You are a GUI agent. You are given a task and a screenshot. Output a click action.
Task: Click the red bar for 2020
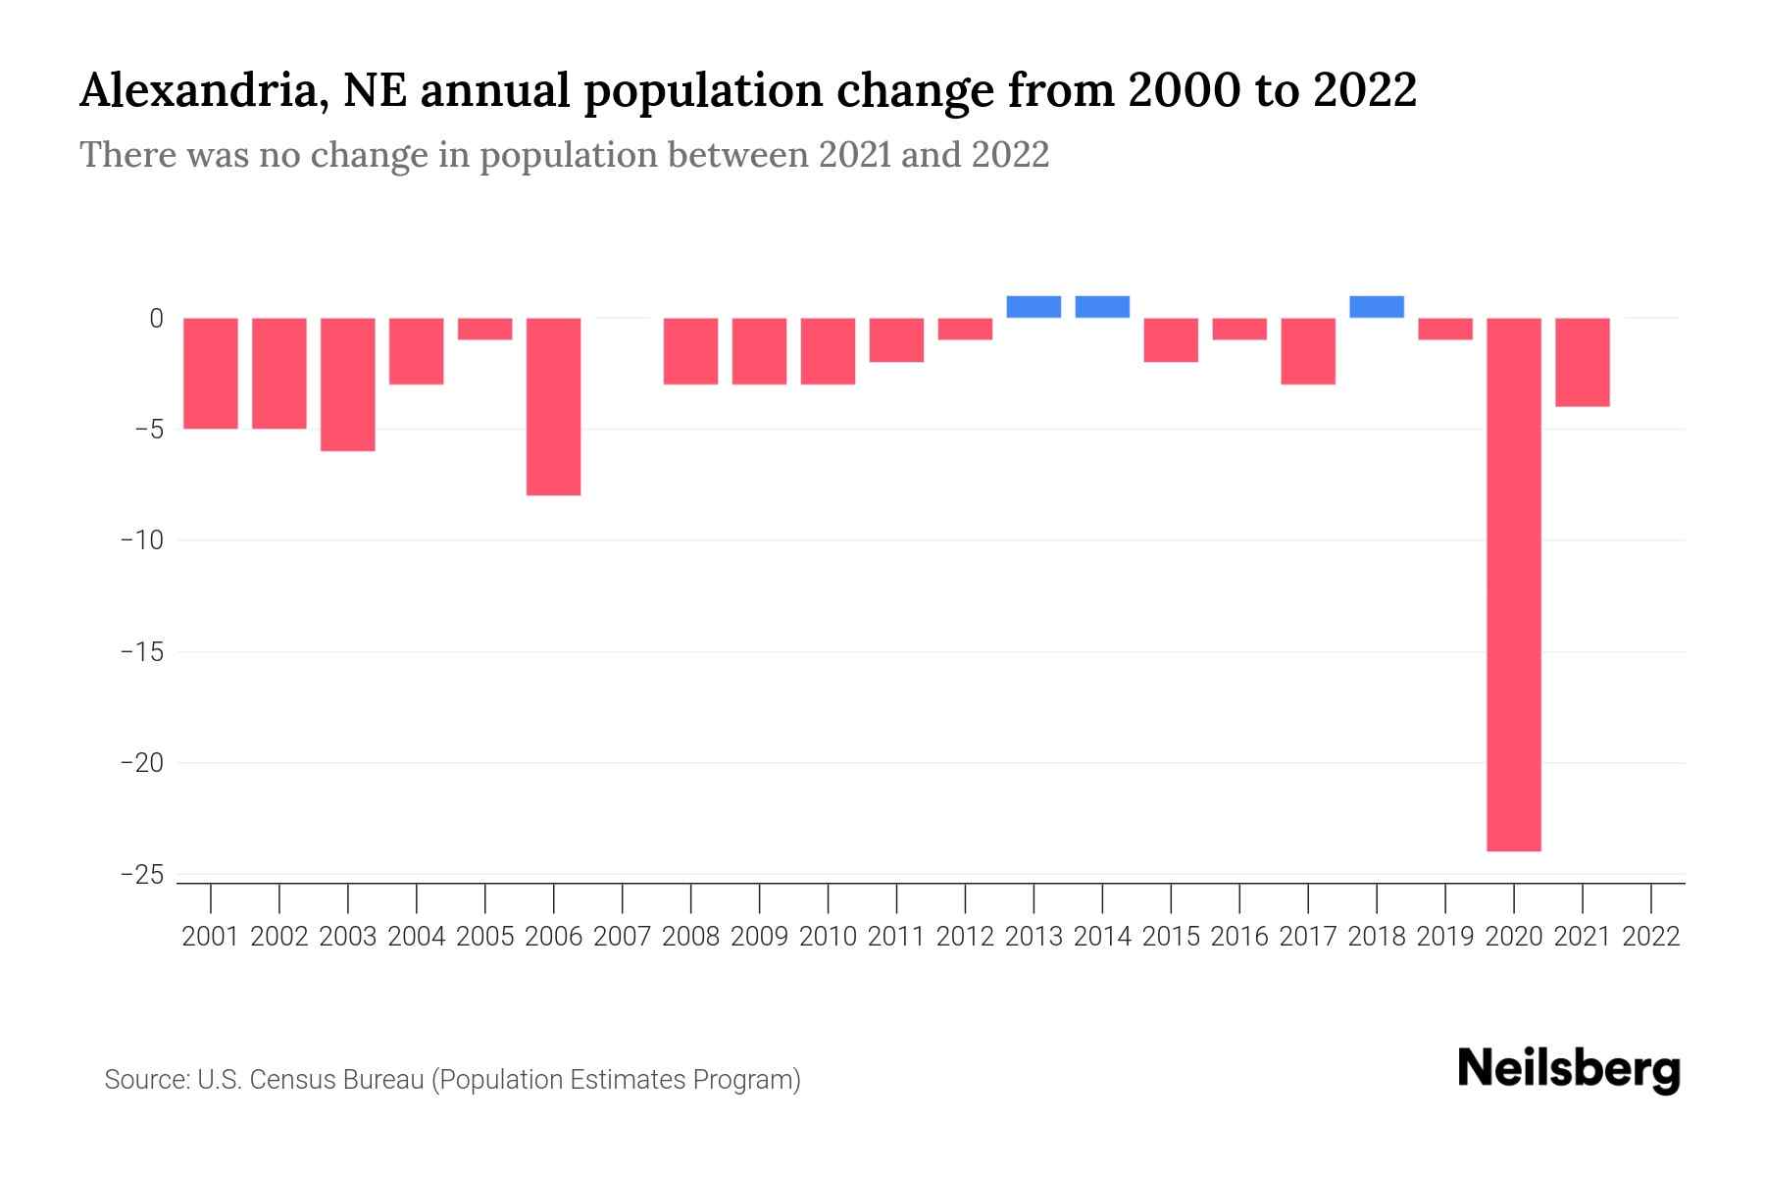[1513, 584]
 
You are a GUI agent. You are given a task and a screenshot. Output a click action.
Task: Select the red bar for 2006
[554, 406]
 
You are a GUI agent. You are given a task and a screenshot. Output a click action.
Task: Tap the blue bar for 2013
[1034, 307]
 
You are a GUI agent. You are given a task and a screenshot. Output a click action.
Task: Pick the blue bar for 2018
[1376, 307]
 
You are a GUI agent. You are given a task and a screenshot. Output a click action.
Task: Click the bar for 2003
[348, 384]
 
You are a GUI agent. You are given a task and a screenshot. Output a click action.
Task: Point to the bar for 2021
[1582, 362]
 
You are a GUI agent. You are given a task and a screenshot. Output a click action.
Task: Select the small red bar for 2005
[485, 329]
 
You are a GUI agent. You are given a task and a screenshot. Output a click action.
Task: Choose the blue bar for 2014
[1102, 307]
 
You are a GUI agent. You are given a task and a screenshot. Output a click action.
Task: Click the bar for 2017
[1307, 350]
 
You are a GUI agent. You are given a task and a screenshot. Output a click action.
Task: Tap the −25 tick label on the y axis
[141, 874]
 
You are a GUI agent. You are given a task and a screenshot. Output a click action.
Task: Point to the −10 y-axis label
[141, 540]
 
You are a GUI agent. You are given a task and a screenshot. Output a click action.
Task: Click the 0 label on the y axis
[156, 319]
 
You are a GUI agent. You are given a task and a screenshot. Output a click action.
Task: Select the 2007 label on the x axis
[623, 937]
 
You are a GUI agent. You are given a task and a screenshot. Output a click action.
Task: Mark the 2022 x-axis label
[1650, 937]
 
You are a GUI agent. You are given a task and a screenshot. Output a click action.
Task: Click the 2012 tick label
[965, 937]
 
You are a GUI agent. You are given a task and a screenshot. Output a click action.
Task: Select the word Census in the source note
[290, 1080]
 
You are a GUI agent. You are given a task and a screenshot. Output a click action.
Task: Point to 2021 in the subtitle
[852, 155]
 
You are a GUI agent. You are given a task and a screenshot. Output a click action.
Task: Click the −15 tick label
[141, 652]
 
